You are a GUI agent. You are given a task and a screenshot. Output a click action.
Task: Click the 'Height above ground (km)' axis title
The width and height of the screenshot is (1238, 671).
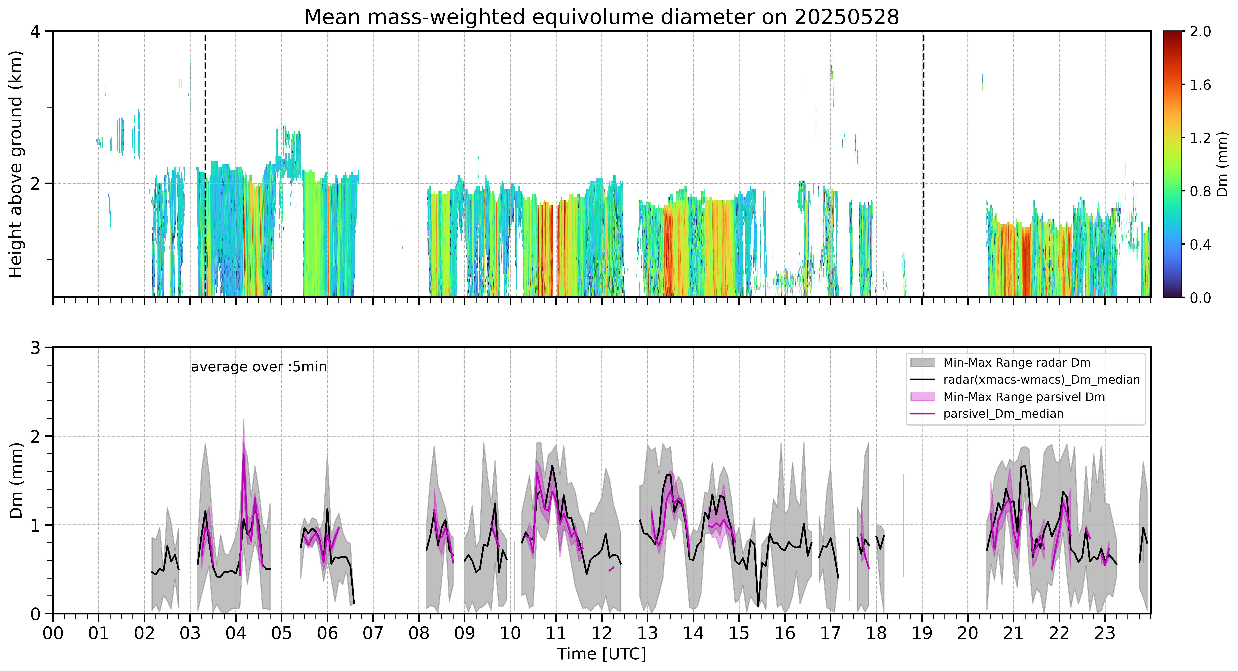16,164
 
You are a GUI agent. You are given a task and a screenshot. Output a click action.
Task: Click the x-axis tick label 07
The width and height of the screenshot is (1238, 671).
373,633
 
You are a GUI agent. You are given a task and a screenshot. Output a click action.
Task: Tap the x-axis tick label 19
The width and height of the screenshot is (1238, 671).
922,633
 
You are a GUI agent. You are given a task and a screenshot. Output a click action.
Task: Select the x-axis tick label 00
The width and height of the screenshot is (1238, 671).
53,633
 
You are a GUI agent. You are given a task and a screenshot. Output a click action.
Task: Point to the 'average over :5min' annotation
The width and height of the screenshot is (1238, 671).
259,367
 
